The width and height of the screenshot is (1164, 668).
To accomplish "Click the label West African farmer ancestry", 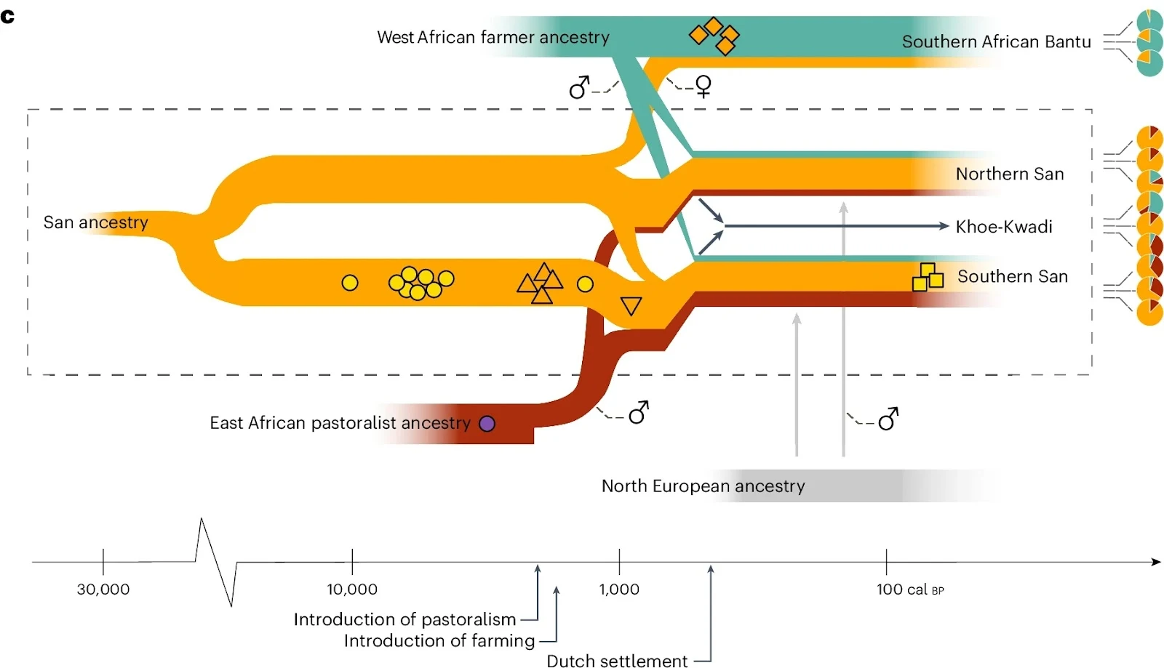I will pyautogui.click(x=493, y=37).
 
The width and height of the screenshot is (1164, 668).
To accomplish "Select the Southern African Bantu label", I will pyautogui.click(x=996, y=41).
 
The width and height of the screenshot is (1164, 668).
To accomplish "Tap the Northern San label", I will pyautogui.click(x=1009, y=174).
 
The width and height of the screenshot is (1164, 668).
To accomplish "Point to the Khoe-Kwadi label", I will pyautogui.click(x=1004, y=227).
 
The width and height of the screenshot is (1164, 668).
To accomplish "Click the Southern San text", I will pyautogui.click(x=1012, y=276).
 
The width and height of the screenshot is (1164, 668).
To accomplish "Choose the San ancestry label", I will pyautogui.click(x=95, y=222).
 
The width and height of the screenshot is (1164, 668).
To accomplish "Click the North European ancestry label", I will pyautogui.click(x=703, y=486).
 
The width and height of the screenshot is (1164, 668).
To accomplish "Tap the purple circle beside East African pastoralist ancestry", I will pyautogui.click(x=487, y=424).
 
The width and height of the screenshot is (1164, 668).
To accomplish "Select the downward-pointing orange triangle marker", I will pyautogui.click(x=631, y=305).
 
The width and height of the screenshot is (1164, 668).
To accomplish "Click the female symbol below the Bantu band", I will pyautogui.click(x=703, y=86).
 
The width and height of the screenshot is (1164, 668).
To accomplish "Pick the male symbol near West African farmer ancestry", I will pyautogui.click(x=579, y=87).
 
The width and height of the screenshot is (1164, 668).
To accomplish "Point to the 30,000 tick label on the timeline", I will pyautogui.click(x=103, y=589).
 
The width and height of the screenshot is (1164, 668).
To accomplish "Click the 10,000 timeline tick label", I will pyautogui.click(x=352, y=589).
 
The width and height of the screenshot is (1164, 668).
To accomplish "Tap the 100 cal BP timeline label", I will pyautogui.click(x=909, y=589).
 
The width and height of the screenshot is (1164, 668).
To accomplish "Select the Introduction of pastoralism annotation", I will pyautogui.click(x=404, y=619).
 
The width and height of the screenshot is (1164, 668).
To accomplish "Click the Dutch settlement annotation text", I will pyautogui.click(x=617, y=660).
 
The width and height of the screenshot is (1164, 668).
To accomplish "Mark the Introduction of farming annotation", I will pyautogui.click(x=439, y=640).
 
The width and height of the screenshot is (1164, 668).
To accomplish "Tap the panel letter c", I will pyautogui.click(x=8, y=16).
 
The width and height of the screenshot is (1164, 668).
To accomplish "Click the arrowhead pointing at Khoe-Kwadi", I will pyautogui.click(x=944, y=226).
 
